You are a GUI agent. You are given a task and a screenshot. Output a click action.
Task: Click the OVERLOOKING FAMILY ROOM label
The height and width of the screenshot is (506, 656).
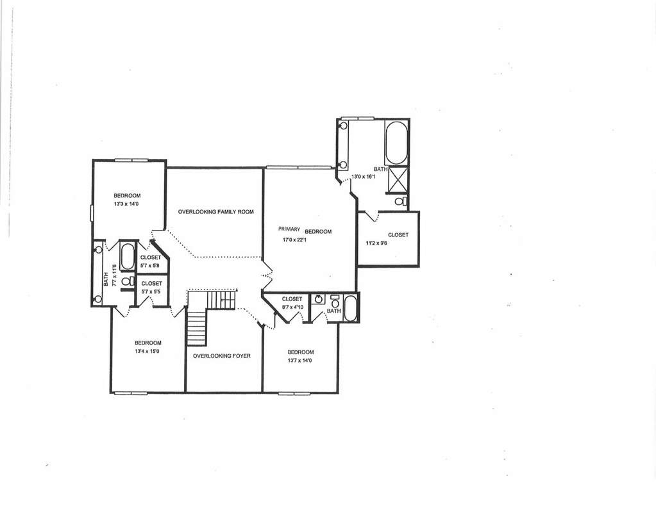tap(216, 212)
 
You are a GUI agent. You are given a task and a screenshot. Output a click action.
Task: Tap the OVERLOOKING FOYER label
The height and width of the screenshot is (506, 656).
tap(222, 356)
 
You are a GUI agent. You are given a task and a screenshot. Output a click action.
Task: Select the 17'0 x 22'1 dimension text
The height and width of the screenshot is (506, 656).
tap(295, 240)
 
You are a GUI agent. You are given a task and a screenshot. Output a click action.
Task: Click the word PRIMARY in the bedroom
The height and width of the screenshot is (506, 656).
tap(289, 229)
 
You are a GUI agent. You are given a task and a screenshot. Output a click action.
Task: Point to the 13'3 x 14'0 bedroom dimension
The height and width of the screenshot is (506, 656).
tap(127, 204)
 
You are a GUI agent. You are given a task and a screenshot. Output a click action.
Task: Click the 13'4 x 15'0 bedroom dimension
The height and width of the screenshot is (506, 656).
tap(147, 352)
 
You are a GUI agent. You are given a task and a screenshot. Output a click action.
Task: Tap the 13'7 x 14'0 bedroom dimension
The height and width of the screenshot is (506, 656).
tap(299, 360)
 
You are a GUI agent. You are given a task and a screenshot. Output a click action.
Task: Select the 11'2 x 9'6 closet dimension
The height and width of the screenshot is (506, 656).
tap(376, 242)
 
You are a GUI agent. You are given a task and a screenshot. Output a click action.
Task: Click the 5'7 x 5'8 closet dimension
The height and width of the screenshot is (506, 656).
tap(150, 265)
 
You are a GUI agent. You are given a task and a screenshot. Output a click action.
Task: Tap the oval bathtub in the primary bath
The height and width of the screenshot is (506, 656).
tap(396, 143)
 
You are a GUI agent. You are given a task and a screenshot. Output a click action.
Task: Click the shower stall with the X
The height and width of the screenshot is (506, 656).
tap(398, 179)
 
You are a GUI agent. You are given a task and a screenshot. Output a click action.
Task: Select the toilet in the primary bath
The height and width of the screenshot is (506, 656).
tap(401, 201)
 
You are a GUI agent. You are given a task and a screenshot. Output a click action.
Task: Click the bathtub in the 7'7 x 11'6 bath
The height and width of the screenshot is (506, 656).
tap(127, 256)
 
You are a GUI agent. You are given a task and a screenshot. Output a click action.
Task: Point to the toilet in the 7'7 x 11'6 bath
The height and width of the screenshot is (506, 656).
tap(127, 281)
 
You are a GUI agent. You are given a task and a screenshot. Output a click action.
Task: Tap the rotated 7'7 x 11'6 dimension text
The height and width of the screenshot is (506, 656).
tap(113, 274)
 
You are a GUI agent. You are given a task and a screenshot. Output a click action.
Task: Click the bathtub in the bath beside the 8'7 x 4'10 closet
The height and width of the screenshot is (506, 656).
tap(350, 308)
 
